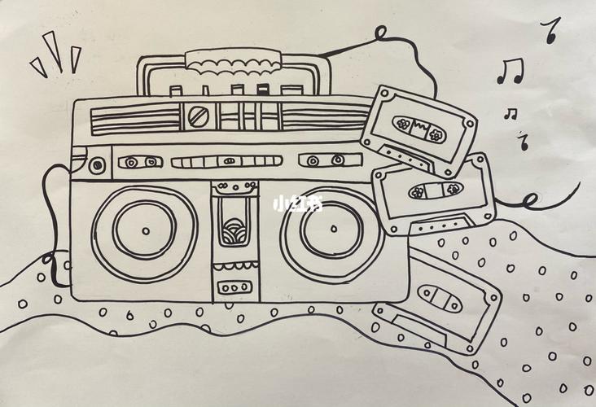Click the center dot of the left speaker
click(146, 230)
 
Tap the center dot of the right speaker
click(334, 229)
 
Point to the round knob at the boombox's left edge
click(97, 165)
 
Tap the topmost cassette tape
click(419, 131)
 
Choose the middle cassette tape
click(433, 194)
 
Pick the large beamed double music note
click(511, 71)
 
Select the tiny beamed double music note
click(511, 114)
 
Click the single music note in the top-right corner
click(550, 29)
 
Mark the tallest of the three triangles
click(54, 50)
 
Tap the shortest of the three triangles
click(39, 68)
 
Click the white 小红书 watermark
click(298, 204)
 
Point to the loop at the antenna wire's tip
click(380, 33)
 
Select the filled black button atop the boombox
click(263, 90)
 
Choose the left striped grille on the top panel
click(135, 120)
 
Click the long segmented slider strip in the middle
click(227, 161)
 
